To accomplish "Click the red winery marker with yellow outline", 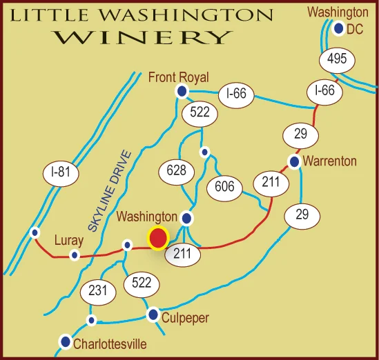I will pos(159,238).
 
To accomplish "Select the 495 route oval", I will pos(336,61).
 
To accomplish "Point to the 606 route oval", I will pos(224,186).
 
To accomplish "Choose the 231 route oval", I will pos(98,291).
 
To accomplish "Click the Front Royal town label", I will pos(178,77).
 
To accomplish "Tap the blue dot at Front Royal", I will pos(182,91).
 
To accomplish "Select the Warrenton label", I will pos(330,161).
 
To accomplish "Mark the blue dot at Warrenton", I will pos(294,162).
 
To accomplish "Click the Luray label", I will pos(68,241).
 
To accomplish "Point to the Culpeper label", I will pos(185,318).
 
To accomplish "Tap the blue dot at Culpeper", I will pos(153,314).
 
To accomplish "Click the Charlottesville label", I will pos(112,343).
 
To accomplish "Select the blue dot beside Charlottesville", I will pos(66,341).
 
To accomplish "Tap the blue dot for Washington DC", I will pos(338,28).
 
